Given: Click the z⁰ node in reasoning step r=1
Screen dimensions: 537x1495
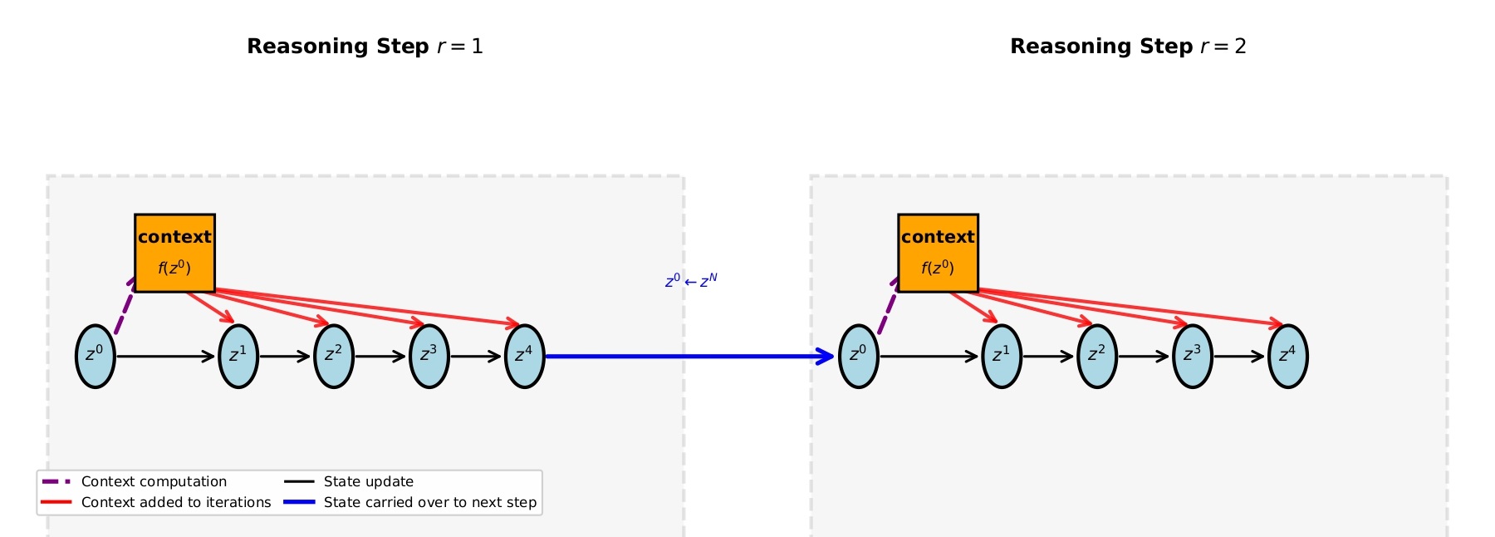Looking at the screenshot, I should click(96, 356).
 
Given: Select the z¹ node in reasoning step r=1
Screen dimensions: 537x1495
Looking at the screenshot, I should click(238, 356).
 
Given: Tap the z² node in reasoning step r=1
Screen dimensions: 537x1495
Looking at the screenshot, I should click(334, 356).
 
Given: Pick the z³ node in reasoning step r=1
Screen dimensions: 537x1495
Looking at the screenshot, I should click(429, 356).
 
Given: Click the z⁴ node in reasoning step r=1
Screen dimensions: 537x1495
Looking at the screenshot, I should click(525, 356).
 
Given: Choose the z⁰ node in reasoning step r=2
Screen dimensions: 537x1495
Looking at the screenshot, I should click(859, 356).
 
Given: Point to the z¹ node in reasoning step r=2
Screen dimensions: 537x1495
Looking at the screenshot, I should click(1002, 356).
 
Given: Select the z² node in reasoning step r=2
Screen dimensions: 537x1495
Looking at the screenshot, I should click(1097, 356).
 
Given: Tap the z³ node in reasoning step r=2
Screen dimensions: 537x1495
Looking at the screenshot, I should click(1193, 356).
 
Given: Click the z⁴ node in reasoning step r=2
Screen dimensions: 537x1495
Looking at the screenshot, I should click(1288, 356).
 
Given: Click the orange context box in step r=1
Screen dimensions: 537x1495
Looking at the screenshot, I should click(174, 253).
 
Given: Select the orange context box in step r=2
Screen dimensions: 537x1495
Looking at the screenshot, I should click(938, 253).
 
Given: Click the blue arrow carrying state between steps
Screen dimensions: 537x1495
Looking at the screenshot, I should click(689, 357).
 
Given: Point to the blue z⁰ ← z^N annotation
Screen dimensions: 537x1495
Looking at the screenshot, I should click(691, 281).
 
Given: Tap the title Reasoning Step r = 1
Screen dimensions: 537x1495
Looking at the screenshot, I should click(365, 47).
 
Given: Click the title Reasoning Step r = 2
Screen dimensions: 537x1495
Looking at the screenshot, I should click(1128, 47).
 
